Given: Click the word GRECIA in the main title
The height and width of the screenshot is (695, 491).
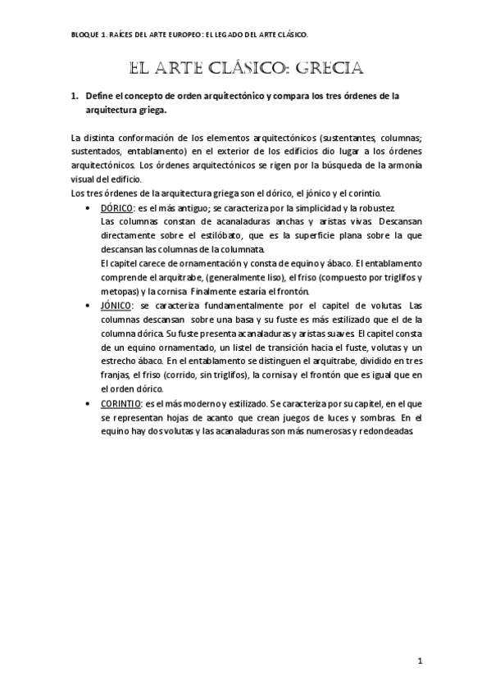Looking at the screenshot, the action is pos(321,67).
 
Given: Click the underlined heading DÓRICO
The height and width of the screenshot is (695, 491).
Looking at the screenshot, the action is pos(117,208).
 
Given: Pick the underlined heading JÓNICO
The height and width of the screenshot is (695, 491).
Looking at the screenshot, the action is pos(116,306).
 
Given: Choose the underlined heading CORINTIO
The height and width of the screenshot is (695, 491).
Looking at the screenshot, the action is pos(121,403).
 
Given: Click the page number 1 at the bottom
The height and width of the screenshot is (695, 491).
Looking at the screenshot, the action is pos(419,661).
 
